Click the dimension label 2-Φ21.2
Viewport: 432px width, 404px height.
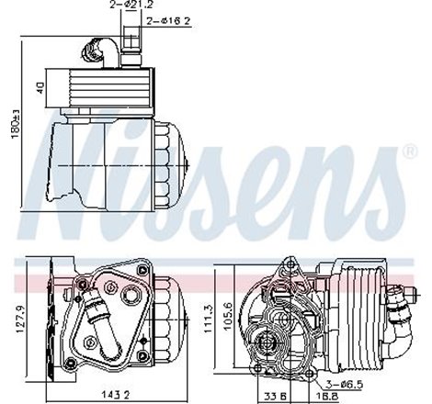(x=127, y=7)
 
